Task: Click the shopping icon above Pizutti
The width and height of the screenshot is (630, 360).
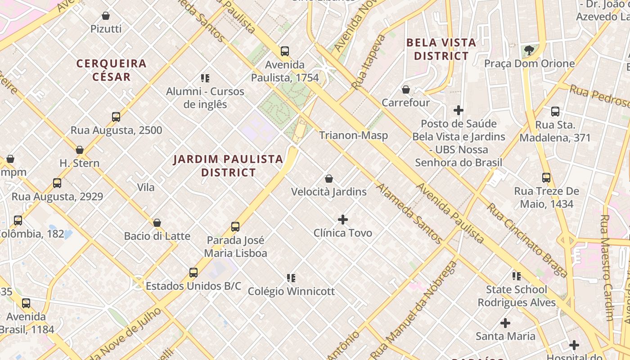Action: (x=106, y=16)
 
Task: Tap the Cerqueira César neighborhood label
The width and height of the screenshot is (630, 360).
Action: (x=111, y=70)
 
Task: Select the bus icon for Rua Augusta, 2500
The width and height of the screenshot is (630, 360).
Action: (x=116, y=117)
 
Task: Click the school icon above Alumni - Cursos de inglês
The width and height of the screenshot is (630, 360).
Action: (x=205, y=78)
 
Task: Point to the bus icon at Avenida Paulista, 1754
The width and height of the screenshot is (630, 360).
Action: (x=285, y=51)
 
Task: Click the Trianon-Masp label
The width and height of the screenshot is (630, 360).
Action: (x=353, y=135)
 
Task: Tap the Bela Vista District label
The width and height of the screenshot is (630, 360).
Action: (x=441, y=49)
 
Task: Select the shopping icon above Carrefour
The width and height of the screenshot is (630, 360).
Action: (x=406, y=90)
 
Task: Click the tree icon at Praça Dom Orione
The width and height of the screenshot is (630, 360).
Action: (x=529, y=50)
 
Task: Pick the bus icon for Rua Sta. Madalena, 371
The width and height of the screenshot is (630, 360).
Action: (x=555, y=112)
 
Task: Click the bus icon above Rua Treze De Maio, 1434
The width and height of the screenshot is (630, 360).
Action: (x=546, y=178)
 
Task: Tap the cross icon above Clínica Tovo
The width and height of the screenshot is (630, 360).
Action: (x=343, y=220)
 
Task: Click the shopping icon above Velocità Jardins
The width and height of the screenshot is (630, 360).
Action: (x=329, y=179)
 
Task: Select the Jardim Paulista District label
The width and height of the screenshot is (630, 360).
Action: (x=228, y=166)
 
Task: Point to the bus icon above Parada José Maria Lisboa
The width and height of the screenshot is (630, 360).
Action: (x=235, y=227)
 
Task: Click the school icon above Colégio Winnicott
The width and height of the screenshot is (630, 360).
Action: (x=291, y=278)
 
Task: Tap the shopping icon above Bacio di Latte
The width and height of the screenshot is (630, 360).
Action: (x=157, y=223)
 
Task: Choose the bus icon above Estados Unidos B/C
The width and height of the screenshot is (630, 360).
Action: (x=193, y=273)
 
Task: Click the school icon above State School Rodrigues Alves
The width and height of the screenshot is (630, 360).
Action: (x=517, y=276)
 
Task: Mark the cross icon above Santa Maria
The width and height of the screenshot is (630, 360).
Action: (x=505, y=323)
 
